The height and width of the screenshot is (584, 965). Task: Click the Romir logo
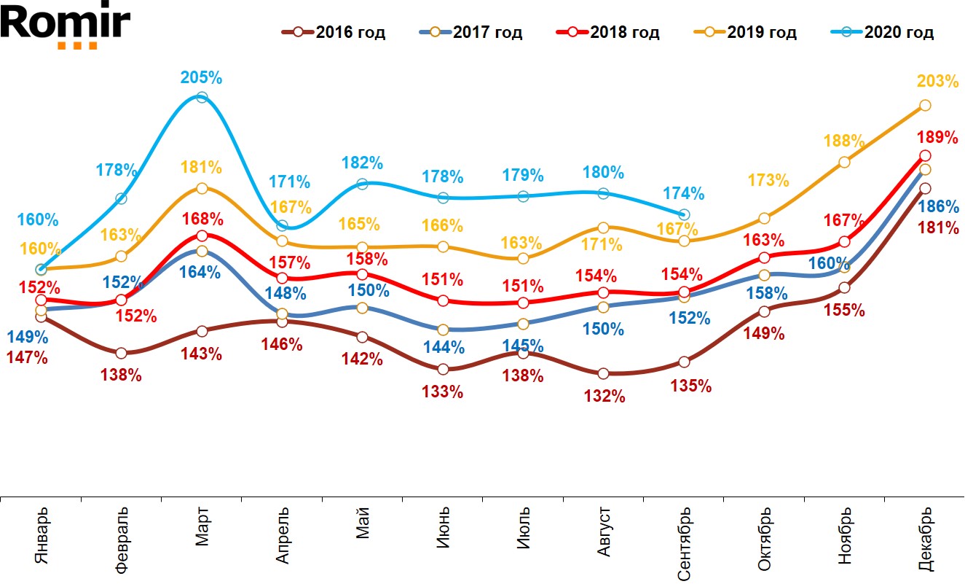pyautogui.click(x=66, y=27)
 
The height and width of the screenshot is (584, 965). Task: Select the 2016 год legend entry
pyautogui.click(x=334, y=33)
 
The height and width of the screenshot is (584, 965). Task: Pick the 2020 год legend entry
pyautogui.click(x=882, y=33)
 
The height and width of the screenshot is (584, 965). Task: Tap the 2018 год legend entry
pyautogui.click(x=608, y=33)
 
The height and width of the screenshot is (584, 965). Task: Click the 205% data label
pyautogui.click(x=202, y=78)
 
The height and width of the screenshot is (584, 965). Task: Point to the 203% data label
pyautogui.click(x=938, y=82)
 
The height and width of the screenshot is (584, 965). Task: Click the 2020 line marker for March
pyautogui.click(x=202, y=97)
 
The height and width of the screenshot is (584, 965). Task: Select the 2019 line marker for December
pyautogui.click(x=925, y=106)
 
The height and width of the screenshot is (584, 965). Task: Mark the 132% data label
pyautogui.click(x=604, y=396)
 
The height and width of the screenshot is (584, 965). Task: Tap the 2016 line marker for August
pyautogui.click(x=602, y=374)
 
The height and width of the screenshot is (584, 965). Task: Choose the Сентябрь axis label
pyautogui.click(x=684, y=543)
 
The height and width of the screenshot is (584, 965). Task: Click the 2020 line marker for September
pyautogui.click(x=684, y=214)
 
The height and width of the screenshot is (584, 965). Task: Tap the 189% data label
pyautogui.click(x=938, y=137)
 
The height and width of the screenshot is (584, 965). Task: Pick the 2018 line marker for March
pyautogui.click(x=202, y=235)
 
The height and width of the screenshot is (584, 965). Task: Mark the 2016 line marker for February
pyautogui.click(x=122, y=353)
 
